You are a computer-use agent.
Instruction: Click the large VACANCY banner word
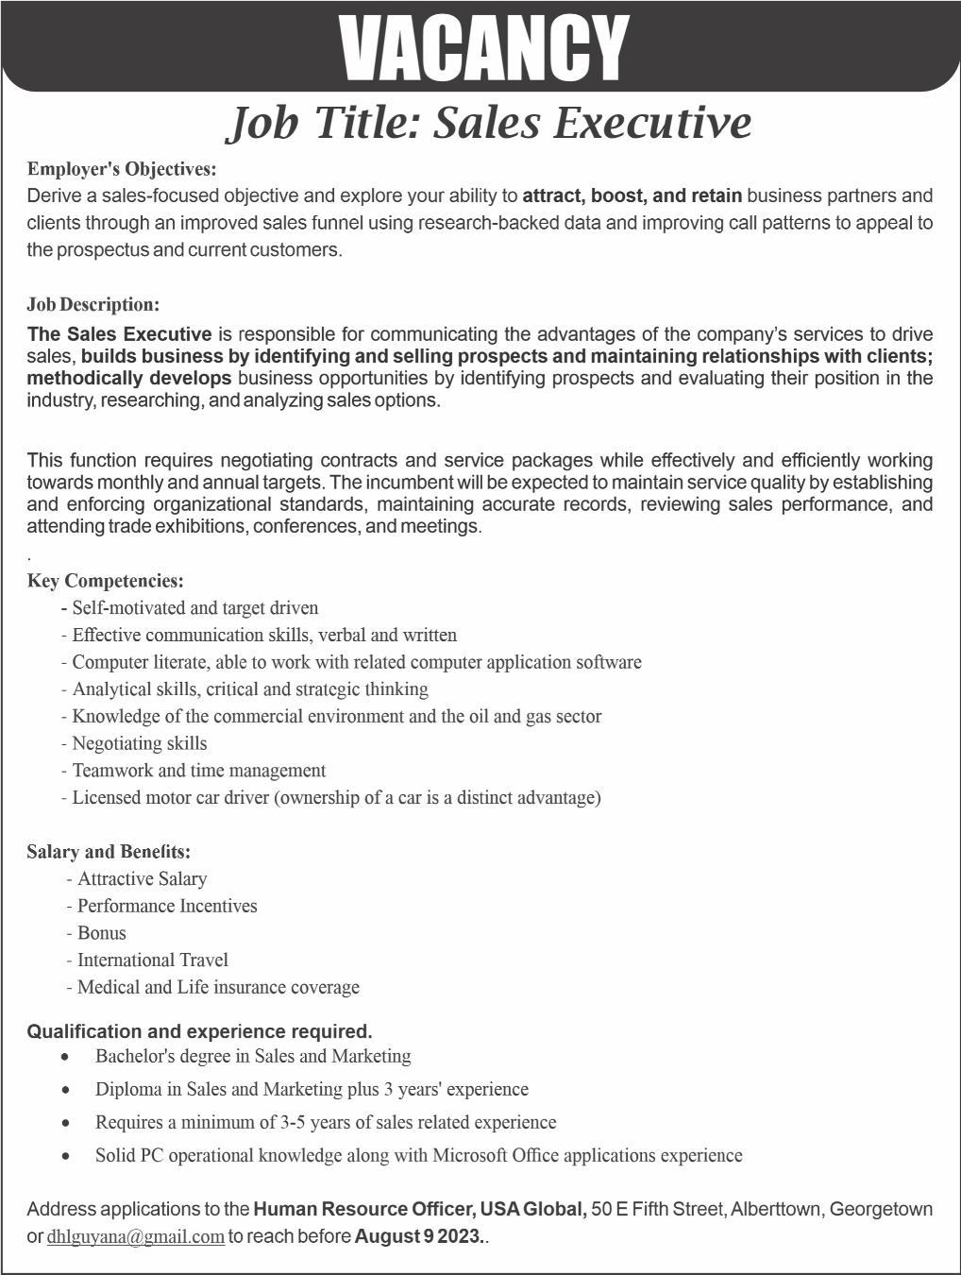pyautogui.click(x=482, y=47)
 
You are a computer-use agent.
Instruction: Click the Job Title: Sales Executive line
pyautogui.click(x=489, y=123)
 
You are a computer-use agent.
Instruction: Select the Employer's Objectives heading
pyautogui.click(x=122, y=169)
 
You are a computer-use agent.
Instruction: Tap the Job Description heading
pyautogui.click(x=93, y=304)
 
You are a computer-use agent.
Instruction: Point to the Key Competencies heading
pyautogui.click(x=106, y=581)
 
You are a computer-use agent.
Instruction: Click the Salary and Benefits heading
pyautogui.click(x=109, y=852)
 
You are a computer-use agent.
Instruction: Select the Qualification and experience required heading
pyautogui.click(x=199, y=1031)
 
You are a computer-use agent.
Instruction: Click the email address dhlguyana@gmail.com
pyautogui.click(x=136, y=1236)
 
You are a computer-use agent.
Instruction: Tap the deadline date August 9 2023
pyautogui.click(x=418, y=1236)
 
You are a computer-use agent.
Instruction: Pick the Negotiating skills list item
pyautogui.click(x=139, y=743)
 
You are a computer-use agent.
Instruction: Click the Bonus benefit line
pyautogui.click(x=101, y=933)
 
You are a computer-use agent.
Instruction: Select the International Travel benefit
pyautogui.click(x=152, y=960)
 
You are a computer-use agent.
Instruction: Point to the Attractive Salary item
pyautogui.click(x=142, y=879)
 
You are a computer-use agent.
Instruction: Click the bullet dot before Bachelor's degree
pyautogui.click(x=65, y=1057)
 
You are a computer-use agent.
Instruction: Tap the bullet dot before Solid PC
pyautogui.click(x=65, y=1156)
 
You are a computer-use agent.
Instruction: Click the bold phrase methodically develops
pyautogui.click(x=129, y=379)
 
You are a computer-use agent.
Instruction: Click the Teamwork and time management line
pyautogui.click(x=198, y=771)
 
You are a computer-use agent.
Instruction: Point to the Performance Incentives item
pyautogui.click(x=166, y=906)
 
